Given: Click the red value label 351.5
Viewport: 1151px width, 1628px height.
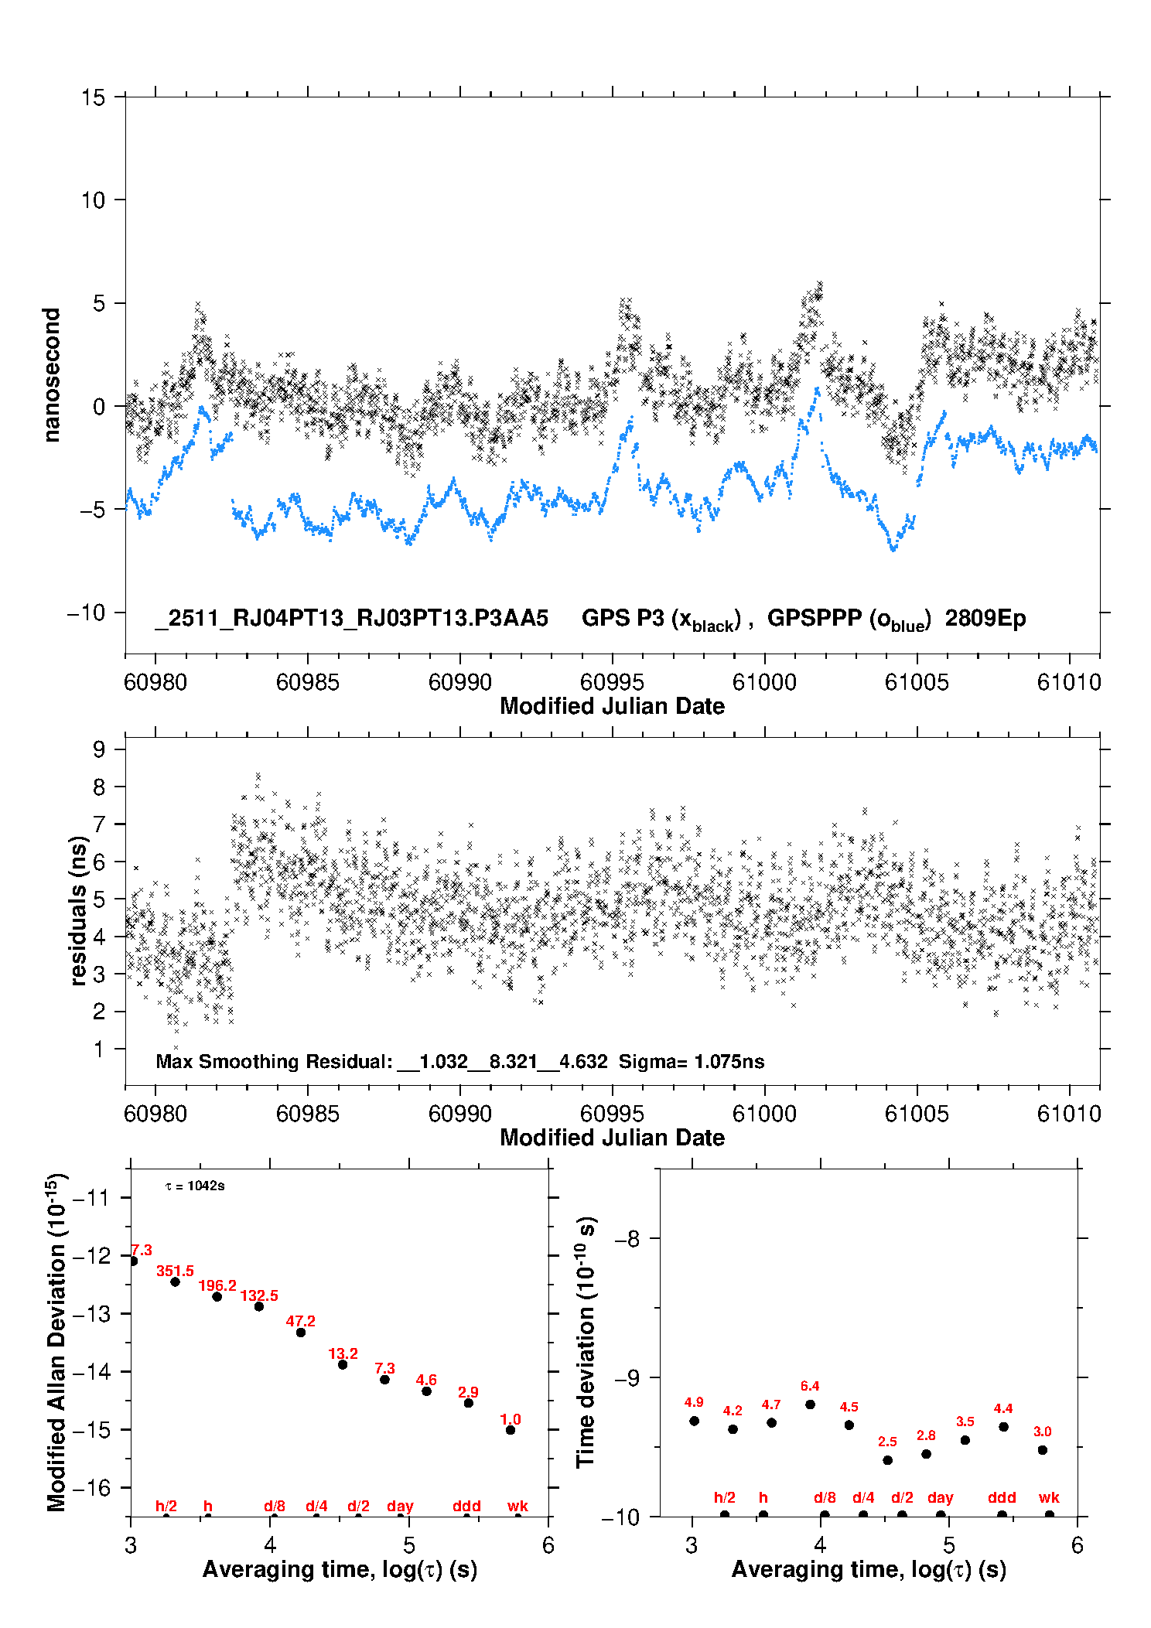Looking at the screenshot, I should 176,1271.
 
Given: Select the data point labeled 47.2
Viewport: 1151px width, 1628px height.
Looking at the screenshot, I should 301,1332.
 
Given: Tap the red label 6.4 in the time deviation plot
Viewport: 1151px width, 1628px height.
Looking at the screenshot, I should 810,1386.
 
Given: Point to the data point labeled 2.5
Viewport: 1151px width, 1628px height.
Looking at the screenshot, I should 888,1460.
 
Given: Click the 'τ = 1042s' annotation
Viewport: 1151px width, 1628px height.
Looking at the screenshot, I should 195,1186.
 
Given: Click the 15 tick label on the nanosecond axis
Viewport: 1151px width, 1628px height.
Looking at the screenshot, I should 93,97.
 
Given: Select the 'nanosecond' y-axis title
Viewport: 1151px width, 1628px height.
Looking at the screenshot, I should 52,375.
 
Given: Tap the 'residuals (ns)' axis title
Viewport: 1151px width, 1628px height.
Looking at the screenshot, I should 78,910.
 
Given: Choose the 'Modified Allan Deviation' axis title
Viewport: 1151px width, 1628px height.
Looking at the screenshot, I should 56,1342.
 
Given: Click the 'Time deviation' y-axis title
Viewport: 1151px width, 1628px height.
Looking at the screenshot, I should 586,1342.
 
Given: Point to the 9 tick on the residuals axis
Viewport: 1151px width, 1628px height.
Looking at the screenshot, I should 99,749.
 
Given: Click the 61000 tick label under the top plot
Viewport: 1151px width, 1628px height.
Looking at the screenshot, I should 764,682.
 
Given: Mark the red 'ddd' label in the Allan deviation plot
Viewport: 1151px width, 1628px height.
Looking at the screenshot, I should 466,1506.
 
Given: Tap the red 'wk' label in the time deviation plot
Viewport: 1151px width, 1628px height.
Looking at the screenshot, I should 1049,1497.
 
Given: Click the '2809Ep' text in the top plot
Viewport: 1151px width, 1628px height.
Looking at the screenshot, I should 985,618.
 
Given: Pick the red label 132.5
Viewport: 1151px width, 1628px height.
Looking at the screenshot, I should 259,1295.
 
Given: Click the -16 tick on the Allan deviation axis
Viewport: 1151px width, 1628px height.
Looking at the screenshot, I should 91,1486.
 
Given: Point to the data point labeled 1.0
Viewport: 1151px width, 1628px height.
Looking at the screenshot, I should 511,1430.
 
